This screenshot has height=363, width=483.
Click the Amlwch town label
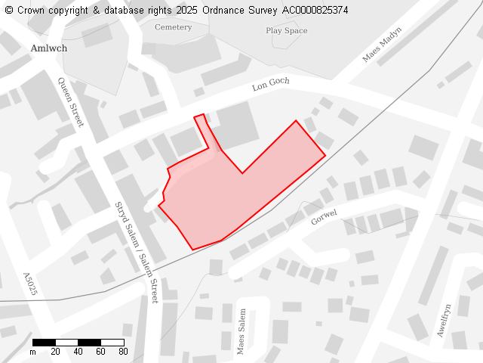click(49, 48)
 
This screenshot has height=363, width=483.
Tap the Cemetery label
click(173, 27)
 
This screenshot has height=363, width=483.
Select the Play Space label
click(286, 31)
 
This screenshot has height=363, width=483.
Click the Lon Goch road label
click(270, 84)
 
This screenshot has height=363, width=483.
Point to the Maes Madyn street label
click(382, 45)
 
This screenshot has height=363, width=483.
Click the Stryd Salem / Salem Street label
click(136, 253)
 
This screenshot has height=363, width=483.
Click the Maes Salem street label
click(241, 331)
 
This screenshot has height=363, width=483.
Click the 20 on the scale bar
click(55, 352)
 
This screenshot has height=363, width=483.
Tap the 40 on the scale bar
click(78, 352)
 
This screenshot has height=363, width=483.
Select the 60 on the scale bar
click(100, 352)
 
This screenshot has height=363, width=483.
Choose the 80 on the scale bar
click(123, 352)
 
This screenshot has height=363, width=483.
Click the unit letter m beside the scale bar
click(32, 352)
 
